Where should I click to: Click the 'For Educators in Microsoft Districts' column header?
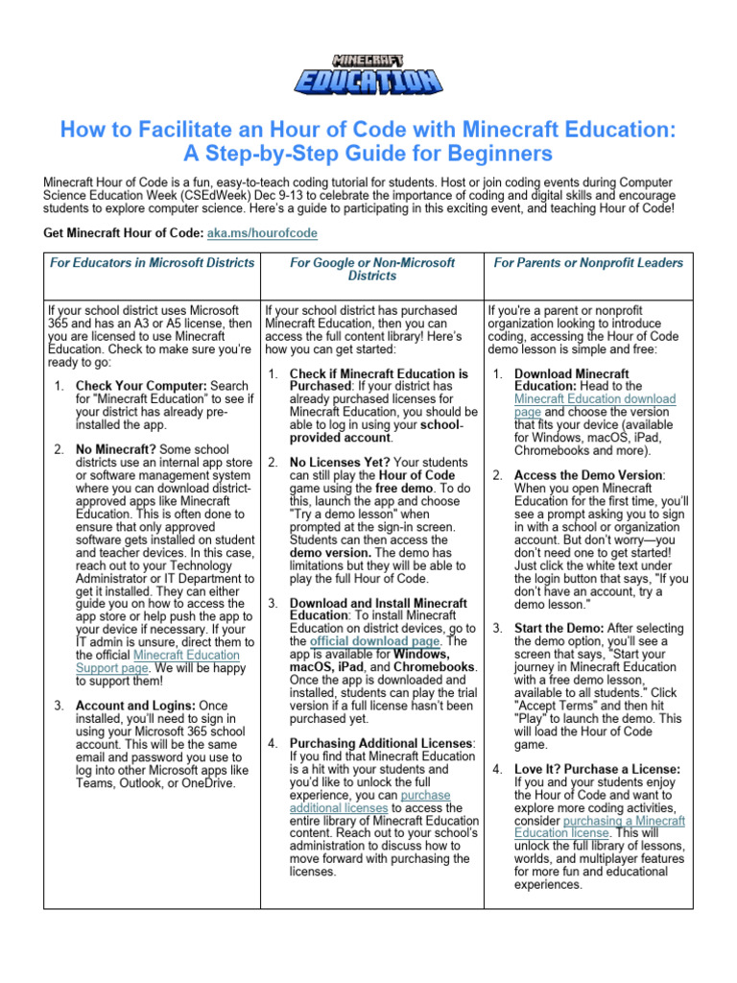(x=152, y=262)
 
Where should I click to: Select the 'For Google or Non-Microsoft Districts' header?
(x=372, y=269)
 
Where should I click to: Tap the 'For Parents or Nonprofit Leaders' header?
(x=588, y=262)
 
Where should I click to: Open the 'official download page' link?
(x=375, y=640)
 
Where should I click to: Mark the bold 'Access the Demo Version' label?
(x=587, y=474)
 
